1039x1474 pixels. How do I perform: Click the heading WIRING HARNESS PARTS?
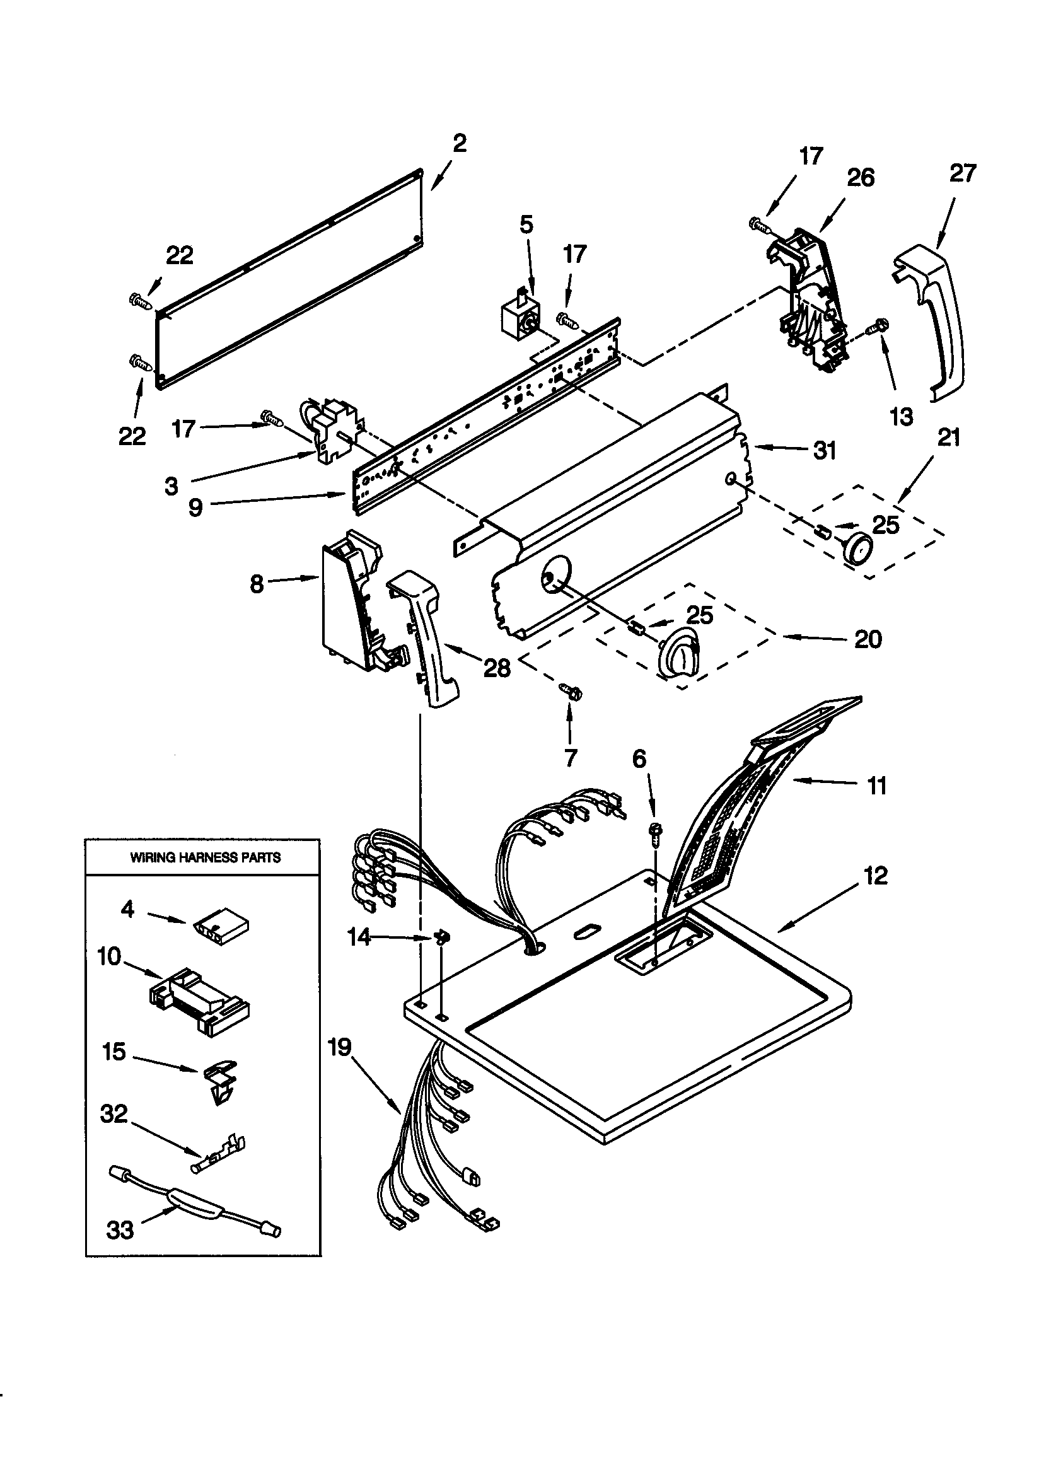click(x=206, y=857)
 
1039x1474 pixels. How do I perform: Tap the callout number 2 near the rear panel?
click(x=460, y=143)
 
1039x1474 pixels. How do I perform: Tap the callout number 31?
click(x=825, y=451)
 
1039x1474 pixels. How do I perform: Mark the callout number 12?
click(x=876, y=876)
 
